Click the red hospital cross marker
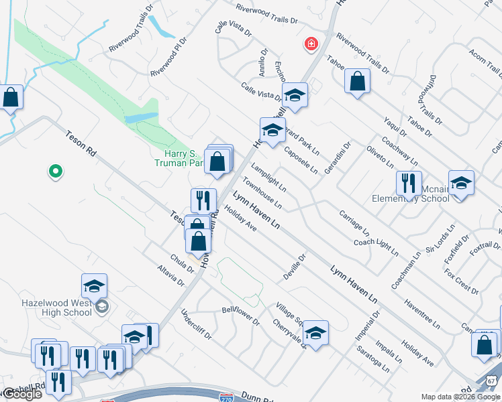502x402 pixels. click(311, 44)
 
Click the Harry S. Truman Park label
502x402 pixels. click(179, 157)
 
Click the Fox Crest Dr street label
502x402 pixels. click(460, 281)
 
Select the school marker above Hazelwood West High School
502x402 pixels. click(95, 285)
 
